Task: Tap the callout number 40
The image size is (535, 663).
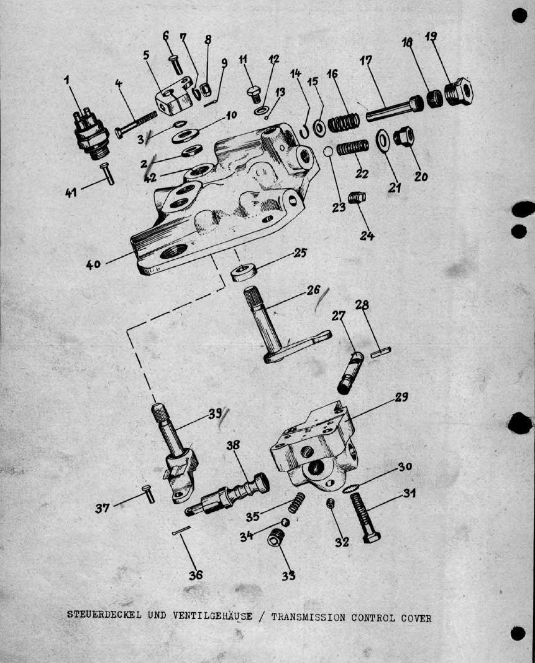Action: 93,264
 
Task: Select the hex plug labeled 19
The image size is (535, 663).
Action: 459,91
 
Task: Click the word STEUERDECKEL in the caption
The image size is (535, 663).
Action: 104,614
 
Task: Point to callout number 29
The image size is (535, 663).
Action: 401,397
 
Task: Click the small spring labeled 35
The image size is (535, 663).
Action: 296,503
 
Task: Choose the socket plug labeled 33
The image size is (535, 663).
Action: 277,537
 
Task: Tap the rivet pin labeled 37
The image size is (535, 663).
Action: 148,494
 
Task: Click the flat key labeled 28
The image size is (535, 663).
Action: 381,353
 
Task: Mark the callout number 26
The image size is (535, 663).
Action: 313,290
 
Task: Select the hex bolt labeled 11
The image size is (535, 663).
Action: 253,95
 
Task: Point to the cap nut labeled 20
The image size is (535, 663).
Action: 403,136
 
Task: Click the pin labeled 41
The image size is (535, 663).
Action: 107,174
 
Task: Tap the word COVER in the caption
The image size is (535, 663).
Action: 416,618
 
